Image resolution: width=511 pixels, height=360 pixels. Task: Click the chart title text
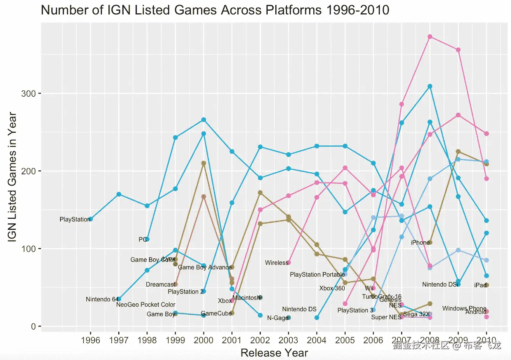click(x=215, y=10)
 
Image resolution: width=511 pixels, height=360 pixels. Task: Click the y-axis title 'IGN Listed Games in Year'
click(x=12, y=177)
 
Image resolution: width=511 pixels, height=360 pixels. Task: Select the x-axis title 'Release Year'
click(x=274, y=353)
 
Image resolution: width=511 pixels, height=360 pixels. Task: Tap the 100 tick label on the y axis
click(x=29, y=249)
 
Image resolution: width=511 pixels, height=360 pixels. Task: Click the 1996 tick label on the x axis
click(x=90, y=340)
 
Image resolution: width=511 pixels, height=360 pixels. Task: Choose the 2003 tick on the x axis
click(x=288, y=340)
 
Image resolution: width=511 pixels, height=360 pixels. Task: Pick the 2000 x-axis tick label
click(x=203, y=340)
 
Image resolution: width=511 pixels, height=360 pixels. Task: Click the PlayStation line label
click(x=75, y=220)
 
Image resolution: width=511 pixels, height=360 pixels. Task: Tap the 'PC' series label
click(x=143, y=239)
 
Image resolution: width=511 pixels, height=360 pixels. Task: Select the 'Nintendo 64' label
click(x=102, y=299)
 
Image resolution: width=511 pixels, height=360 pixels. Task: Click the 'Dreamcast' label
click(x=160, y=285)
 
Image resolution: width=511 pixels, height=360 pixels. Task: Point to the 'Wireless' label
click(x=276, y=263)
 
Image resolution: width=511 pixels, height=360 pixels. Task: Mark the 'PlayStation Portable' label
click(x=317, y=275)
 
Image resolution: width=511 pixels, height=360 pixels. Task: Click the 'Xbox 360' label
click(x=332, y=288)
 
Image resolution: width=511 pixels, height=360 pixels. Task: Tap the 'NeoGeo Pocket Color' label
click(x=146, y=305)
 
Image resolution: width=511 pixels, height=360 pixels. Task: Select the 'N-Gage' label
click(x=278, y=318)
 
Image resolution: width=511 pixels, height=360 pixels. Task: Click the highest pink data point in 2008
click(x=430, y=37)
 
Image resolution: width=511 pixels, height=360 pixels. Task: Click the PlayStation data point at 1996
click(x=90, y=219)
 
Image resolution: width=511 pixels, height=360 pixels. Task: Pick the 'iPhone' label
click(x=420, y=243)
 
